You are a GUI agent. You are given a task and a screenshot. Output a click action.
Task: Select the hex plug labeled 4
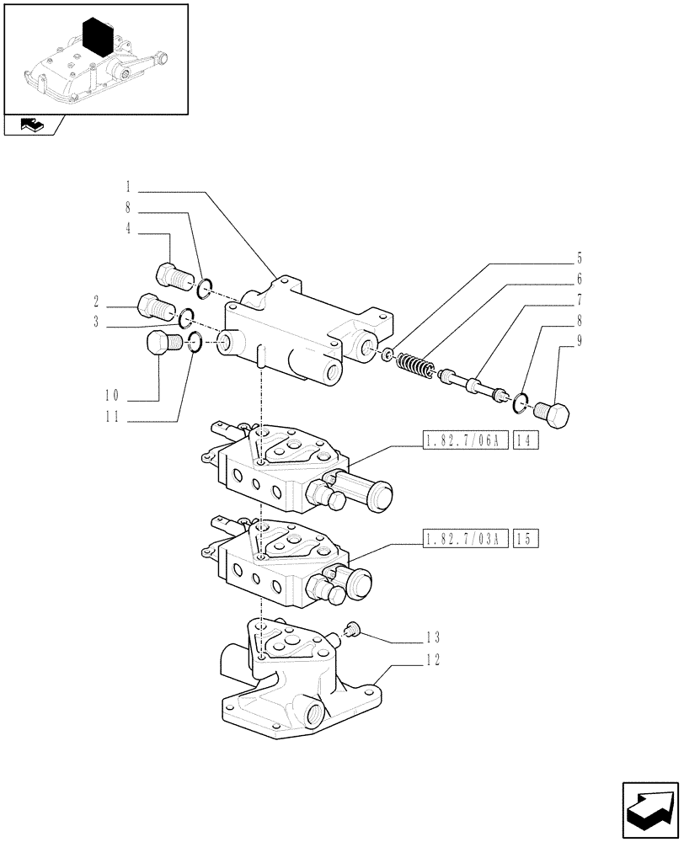tap(174, 274)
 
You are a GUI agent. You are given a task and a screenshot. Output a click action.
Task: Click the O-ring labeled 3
tap(186, 318)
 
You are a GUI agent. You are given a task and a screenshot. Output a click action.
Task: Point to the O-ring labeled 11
tap(194, 342)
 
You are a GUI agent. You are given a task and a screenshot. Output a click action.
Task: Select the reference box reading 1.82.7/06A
tap(463, 441)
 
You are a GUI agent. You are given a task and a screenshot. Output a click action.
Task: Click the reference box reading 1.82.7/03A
tap(463, 538)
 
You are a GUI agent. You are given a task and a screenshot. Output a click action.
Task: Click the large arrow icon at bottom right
tap(649, 808)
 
